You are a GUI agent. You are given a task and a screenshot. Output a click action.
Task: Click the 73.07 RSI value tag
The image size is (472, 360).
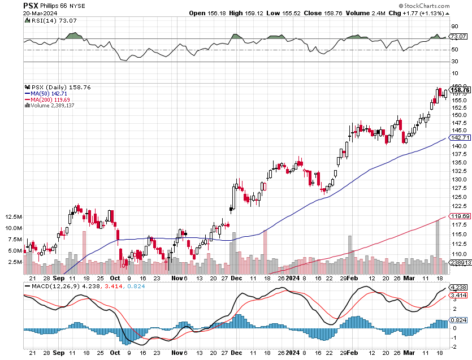click(x=457, y=37)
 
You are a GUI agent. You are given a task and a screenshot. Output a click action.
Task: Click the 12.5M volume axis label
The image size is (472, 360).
click(x=12, y=217)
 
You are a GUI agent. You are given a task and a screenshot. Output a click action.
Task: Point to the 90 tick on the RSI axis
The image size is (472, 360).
click(x=454, y=26)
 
